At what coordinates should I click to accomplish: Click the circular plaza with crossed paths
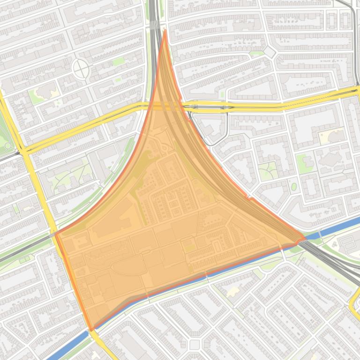81,70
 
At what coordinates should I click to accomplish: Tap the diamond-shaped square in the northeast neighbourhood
270,52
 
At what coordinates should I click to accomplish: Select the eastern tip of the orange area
304,239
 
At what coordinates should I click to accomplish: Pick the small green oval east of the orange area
294,187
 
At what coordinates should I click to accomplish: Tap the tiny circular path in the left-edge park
7,146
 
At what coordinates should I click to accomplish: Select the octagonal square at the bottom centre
195,345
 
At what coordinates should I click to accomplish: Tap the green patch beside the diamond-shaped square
257,54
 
